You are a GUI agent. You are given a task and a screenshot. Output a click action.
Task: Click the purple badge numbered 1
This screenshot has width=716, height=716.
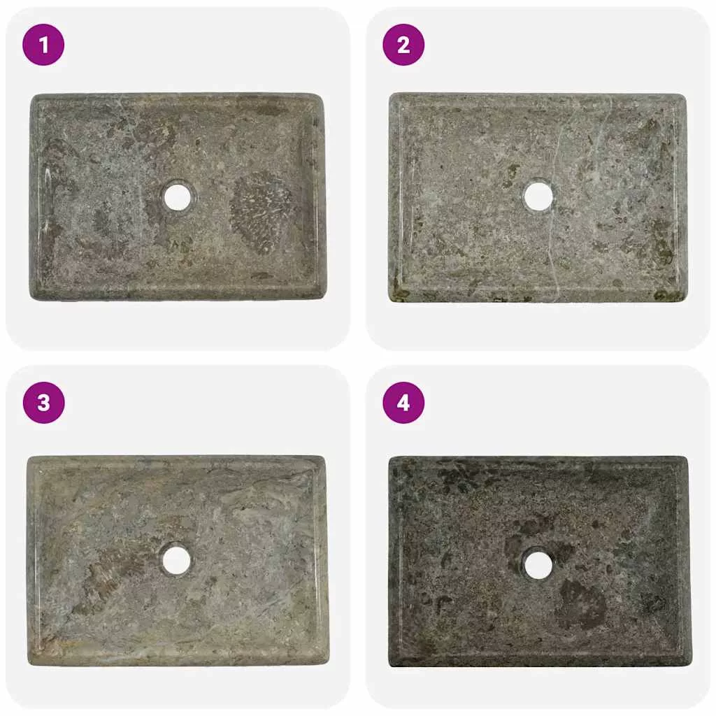(x=43, y=45)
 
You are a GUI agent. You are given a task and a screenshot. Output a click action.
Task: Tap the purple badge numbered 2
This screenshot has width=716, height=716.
(x=403, y=45)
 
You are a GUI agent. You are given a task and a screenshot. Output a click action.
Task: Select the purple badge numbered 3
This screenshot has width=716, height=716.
(x=43, y=403)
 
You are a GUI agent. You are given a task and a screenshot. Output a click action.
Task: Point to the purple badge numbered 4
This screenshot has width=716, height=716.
(x=403, y=403)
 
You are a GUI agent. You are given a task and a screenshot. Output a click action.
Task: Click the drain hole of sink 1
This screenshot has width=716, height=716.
(x=177, y=196)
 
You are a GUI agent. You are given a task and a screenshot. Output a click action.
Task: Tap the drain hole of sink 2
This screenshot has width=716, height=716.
(x=538, y=196)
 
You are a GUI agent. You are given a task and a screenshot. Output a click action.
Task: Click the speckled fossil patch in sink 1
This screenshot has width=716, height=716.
(x=261, y=213)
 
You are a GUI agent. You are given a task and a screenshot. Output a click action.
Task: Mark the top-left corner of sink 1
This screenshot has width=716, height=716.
(x=31, y=95)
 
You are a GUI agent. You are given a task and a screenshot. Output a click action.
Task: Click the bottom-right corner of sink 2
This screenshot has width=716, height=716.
(x=686, y=301)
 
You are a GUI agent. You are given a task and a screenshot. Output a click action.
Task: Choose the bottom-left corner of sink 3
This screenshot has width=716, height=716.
(x=28, y=664)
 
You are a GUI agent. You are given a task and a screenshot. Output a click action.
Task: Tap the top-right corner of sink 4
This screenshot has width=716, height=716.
(x=687, y=457)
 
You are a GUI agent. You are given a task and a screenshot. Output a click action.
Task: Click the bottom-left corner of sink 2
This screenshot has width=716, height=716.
(x=390, y=301)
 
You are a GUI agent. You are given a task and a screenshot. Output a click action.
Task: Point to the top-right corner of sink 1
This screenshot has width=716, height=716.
(x=322, y=95)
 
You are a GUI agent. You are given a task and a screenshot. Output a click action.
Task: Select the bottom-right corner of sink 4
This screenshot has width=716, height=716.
(x=690, y=666)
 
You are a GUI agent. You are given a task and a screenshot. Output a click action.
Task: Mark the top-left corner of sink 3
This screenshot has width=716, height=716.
(x=29, y=457)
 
